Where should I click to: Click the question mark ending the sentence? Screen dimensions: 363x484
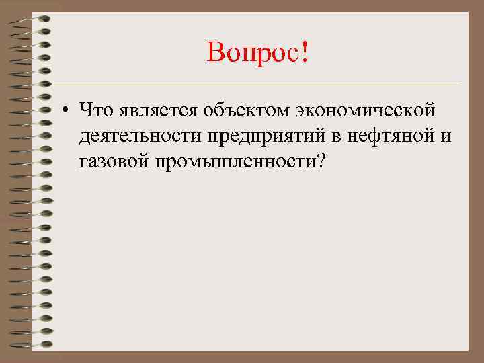[x=319, y=163]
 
